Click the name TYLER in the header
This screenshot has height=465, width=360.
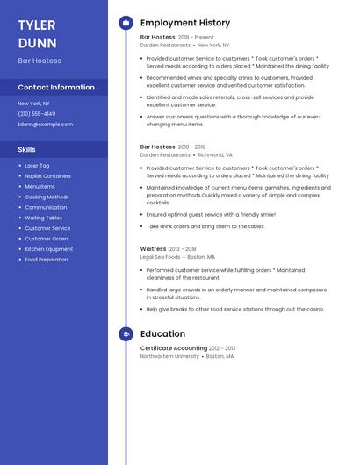pyautogui.click(x=36, y=25)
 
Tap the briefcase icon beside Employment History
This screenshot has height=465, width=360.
pyautogui.click(x=126, y=23)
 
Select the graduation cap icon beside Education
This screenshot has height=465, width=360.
pyautogui.click(x=126, y=334)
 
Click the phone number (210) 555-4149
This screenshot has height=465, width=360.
pyautogui.click(x=36, y=114)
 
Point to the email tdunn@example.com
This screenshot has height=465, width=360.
pyautogui.click(x=46, y=125)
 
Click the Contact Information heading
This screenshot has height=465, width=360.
pyautogui.click(x=56, y=88)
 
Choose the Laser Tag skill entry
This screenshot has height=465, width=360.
pyautogui.click(x=37, y=166)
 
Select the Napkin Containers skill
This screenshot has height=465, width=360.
pyautogui.click(x=47, y=176)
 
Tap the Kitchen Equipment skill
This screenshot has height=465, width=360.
pyautogui.click(x=48, y=249)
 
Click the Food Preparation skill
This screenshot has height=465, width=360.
pyautogui.click(x=46, y=260)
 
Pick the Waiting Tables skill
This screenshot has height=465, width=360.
pyautogui.click(x=43, y=218)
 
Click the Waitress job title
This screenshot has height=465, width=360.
pyautogui.click(x=154, y=249)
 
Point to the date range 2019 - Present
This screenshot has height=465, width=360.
pyautogui.click(x=196, y=38)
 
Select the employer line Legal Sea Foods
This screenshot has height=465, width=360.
pyautogui.click(x=160, y=257)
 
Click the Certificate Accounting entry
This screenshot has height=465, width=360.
pyautogui.click(x=174, y=348)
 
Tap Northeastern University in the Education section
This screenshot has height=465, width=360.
pyautogui.click(x=169, y=357)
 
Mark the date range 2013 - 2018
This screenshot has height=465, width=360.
pyautogui.click(x=184, y=249)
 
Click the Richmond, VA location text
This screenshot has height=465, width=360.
pyautogui.click(x=215, y=154)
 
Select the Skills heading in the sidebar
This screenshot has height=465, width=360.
pyautogui.click(x=26, y=150)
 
